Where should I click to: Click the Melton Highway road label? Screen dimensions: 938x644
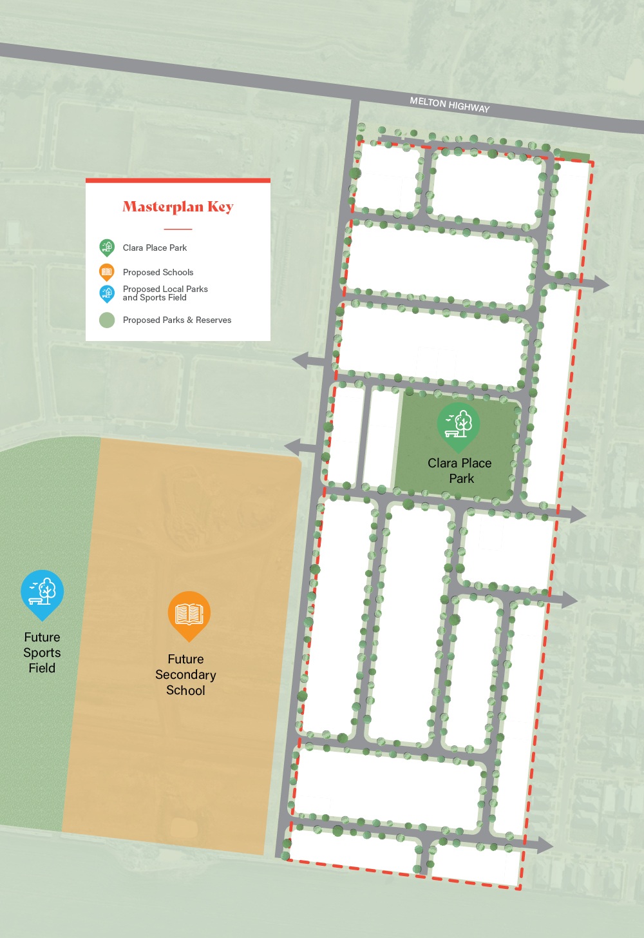coord(450,104)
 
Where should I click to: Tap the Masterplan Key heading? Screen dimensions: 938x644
coord(178,207)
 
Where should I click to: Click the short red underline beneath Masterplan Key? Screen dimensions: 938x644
coord(178,229)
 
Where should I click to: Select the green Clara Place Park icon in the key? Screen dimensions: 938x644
coord(107,248)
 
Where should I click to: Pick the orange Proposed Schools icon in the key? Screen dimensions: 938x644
coord(107,272)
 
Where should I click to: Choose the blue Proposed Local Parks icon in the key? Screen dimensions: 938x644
coord(107,294)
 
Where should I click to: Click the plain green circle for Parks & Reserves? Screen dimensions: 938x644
coord(107,320)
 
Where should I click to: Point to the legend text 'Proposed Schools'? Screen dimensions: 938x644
coord(158,272)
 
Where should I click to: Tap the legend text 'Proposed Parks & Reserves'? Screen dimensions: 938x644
coord(176,320)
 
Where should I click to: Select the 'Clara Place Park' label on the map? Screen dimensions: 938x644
coord(460,471)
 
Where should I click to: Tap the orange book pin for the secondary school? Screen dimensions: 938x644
coord(189,615)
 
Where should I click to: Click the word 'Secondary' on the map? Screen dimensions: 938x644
coord(185,675)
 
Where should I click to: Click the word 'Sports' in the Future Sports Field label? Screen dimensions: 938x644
coord(42,652)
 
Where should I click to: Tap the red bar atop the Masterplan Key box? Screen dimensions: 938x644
coord(178,181)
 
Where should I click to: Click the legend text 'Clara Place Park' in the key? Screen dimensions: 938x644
coord(155,248)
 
